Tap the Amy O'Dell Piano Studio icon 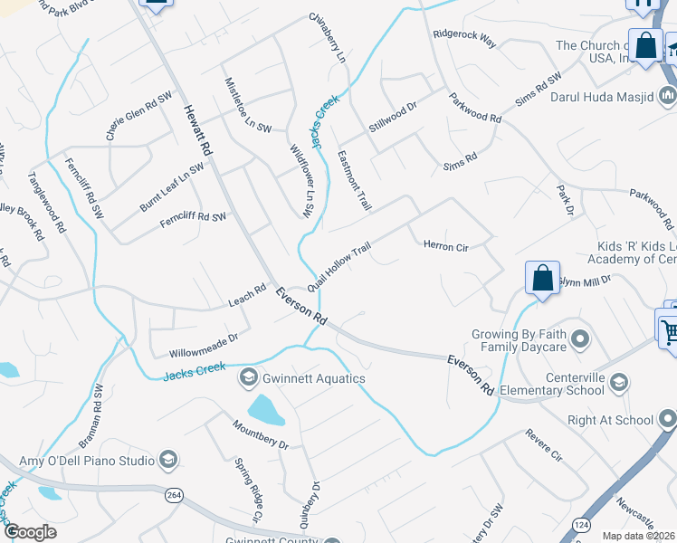[168, 461]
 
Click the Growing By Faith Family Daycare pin [580, 340]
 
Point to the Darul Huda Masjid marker [668, 94]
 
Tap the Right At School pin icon [667, 419]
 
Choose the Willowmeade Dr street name [203, 344]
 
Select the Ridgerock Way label [464, 39]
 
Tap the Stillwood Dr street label [392, 119]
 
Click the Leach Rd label [247, 293]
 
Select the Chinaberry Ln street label [328, 36]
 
